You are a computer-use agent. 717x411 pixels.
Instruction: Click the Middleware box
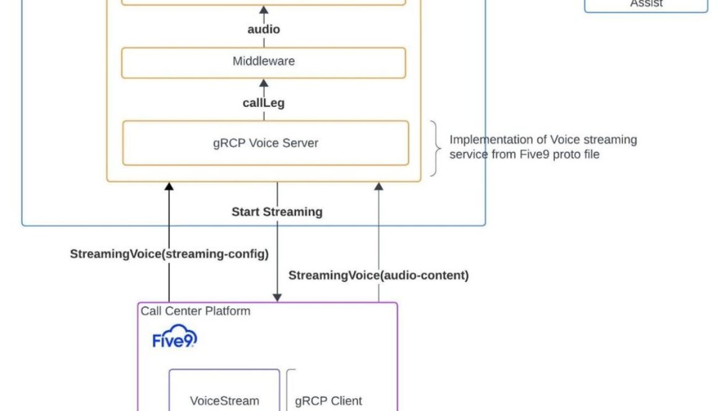pos(263,62)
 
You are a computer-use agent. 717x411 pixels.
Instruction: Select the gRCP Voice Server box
pos(265,143)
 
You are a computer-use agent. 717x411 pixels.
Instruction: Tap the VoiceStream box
pos(224,400)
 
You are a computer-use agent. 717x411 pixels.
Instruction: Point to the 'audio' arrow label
pos(263,29)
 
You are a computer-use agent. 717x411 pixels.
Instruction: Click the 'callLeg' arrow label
pos(263,103)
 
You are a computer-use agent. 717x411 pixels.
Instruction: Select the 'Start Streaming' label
pos(277,212)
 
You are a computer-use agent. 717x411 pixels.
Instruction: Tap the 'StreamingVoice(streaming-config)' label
pos(169,254)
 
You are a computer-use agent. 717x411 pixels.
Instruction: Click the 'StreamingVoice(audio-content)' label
pos(378,276)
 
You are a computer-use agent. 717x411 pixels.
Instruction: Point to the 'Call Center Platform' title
pos(195,311)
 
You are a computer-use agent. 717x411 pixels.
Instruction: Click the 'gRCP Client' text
pos(328,400)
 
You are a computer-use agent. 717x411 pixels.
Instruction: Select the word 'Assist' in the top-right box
pos(646,4)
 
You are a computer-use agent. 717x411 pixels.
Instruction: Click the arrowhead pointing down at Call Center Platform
pos(277,297)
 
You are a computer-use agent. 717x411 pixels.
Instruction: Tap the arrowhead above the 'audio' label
pos(264,11)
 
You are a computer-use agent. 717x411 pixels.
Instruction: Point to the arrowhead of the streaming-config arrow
pos(169,186)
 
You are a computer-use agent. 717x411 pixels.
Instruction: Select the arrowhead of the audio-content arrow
pos(379,186)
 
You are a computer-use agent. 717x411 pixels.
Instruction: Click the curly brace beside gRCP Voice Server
pos(435,148)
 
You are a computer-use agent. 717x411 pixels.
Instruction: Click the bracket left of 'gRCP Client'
pos(289,389)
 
